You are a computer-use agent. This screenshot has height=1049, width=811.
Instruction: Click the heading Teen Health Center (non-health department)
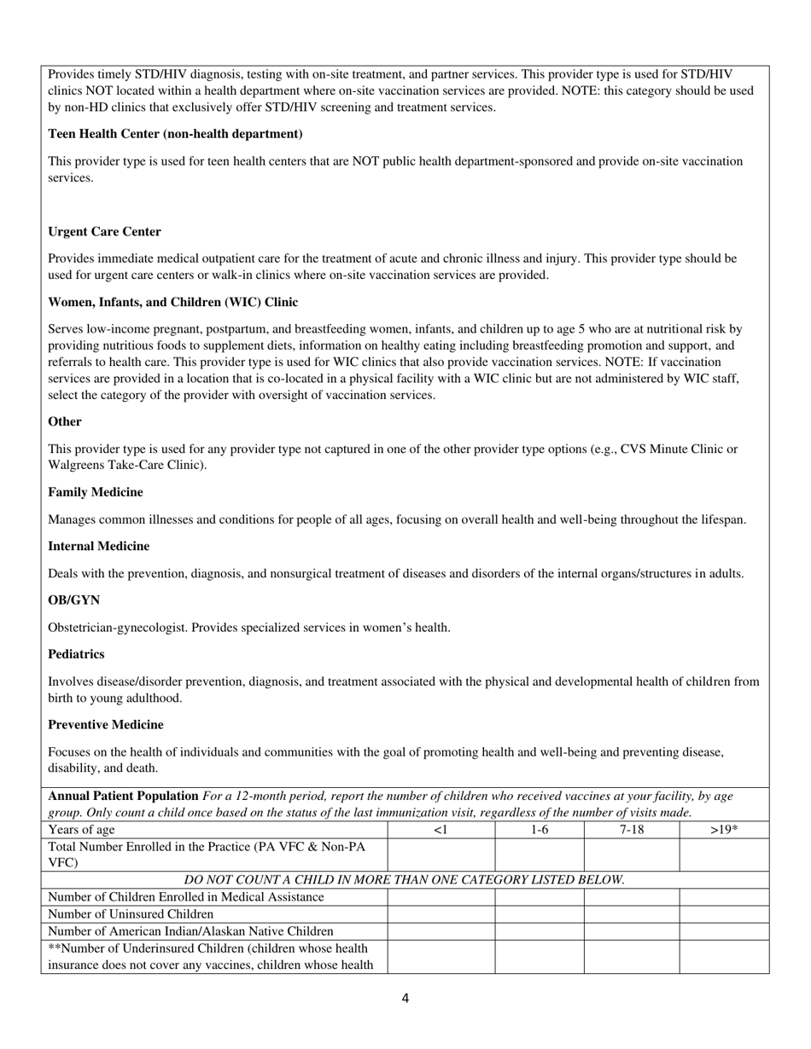(x=175, y=134)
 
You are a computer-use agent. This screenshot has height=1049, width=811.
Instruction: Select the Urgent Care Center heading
(x=104, y=232)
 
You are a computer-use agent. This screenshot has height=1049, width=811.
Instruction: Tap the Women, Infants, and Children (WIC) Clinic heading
(x=172, y=302)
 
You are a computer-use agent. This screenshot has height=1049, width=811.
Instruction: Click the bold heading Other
(x=65, y=421)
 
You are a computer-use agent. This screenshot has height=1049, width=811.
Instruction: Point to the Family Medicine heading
(x=96, y=492)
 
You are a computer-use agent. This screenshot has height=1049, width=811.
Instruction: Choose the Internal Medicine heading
(x=98, y=546)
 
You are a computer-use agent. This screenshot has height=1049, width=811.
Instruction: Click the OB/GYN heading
(x=73, y=600)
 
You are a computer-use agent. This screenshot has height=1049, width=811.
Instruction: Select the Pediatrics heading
(x=76, y=654)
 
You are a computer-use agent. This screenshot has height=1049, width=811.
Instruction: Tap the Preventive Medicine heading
(x=106, y=724)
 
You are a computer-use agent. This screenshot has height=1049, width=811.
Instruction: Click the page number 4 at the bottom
(x=405, y=999)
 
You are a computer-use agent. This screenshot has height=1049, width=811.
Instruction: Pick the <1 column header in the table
(x=441, y=830)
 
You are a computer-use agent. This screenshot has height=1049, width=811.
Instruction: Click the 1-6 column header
(x=539, y=830)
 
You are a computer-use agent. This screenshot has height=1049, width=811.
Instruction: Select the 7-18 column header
(x=631, y=830)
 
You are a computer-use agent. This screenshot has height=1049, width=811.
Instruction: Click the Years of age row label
(x=82, y=830)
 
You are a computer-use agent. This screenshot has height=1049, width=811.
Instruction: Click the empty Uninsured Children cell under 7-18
(x=631, y=914)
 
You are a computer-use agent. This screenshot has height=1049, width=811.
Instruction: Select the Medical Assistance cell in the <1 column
(x=441, y=897)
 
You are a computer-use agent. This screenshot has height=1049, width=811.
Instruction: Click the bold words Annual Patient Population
(x=123, y=796)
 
